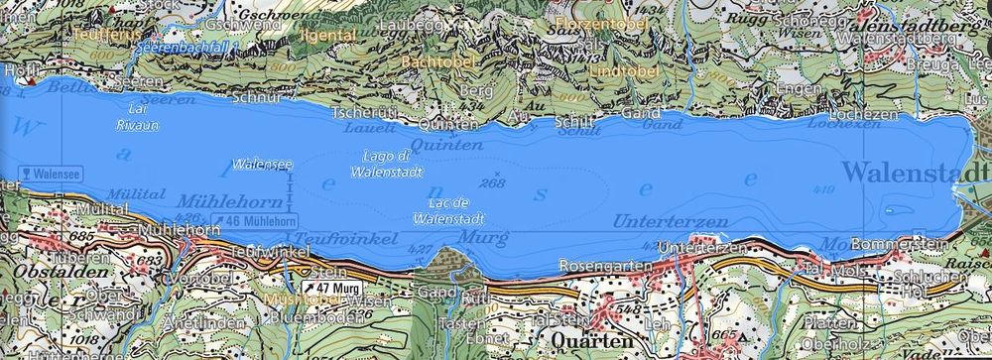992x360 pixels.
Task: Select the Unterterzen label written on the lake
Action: (671, 218)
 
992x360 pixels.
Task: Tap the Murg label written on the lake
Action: (478, 238)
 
